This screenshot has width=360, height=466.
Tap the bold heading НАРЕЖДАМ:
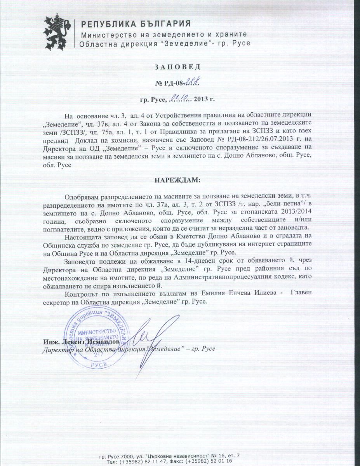[x=180, y=181]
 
